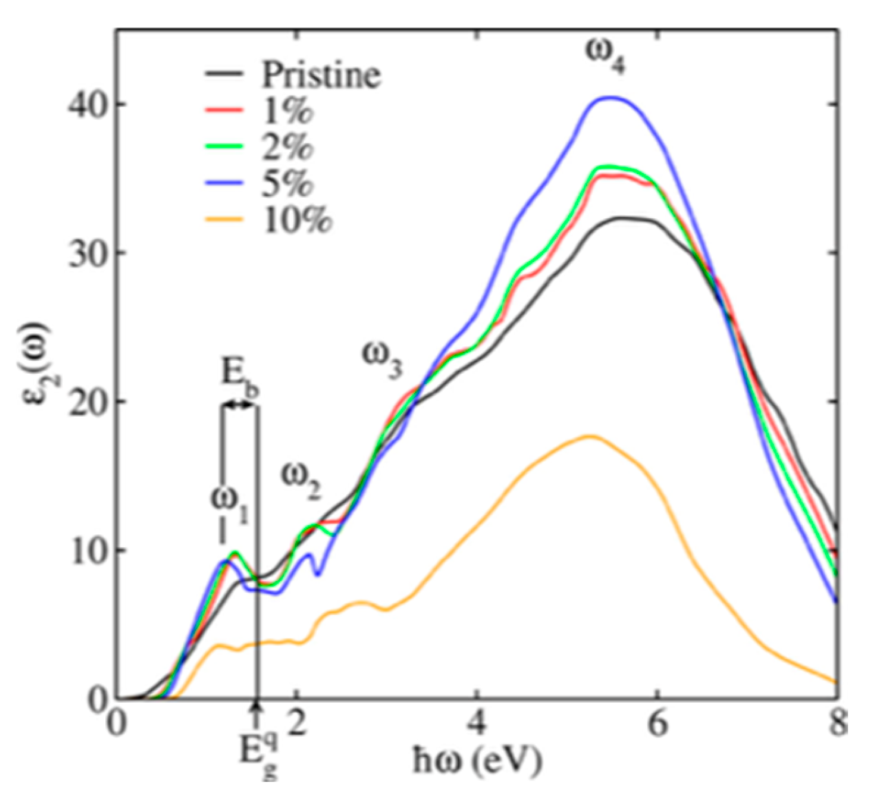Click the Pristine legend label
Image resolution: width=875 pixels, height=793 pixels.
320,74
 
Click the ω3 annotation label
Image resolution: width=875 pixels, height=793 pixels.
381,358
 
